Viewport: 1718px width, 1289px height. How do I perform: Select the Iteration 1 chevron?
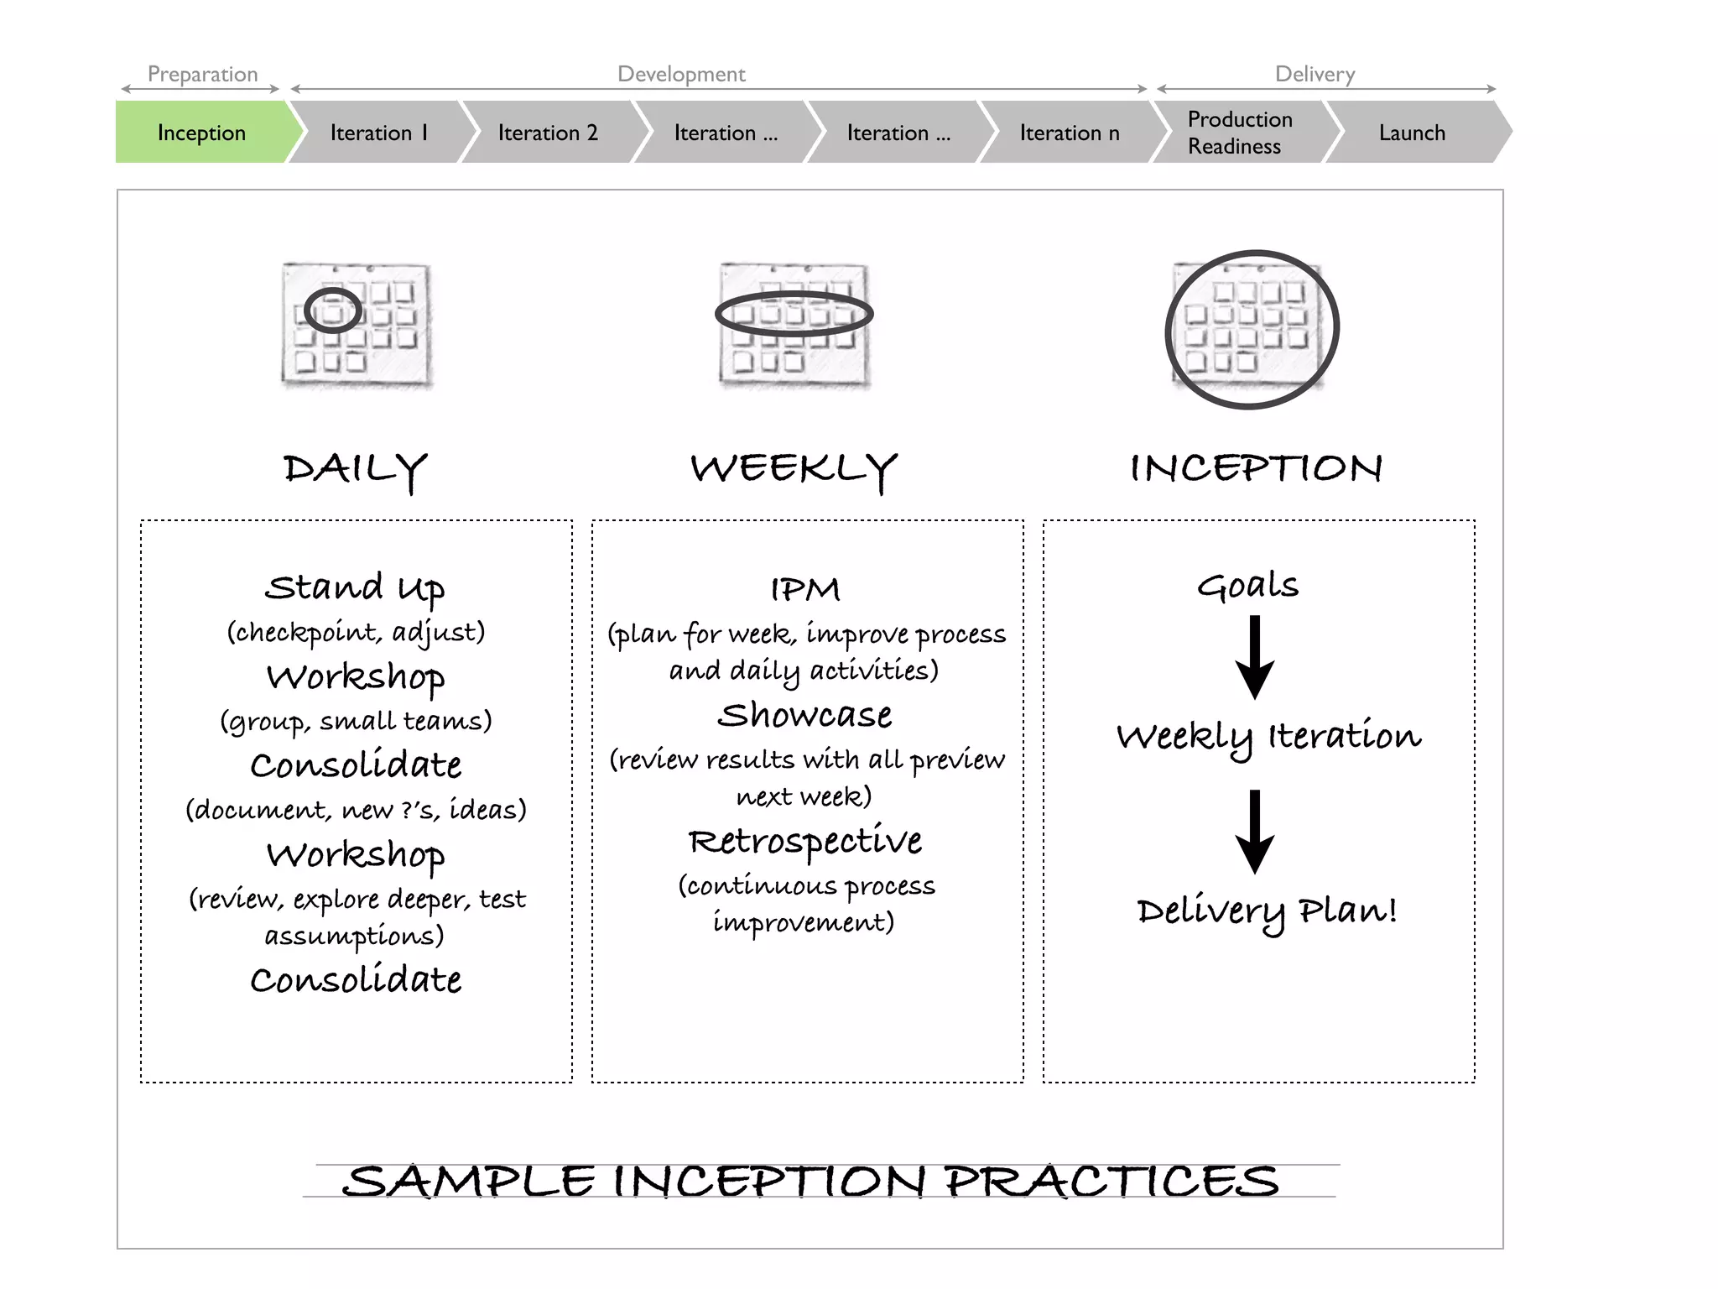coord(379,133)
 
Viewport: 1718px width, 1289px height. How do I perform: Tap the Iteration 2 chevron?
coord(549,133)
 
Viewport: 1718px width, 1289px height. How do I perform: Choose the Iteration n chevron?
coord(1070,133)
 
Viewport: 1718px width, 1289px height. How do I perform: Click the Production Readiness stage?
coord(1239,133)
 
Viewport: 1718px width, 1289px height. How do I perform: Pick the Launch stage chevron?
coord(1413,133)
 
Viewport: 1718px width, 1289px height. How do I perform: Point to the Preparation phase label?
coord(202,74)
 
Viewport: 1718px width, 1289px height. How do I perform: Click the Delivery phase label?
coord(1315,74)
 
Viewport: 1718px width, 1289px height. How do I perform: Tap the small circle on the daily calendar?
coord(333,311)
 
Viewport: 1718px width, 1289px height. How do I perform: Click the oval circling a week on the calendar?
coord(794,315)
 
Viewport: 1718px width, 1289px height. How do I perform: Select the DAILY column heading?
coord(355,469)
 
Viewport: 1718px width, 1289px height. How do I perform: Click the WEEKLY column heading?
coord(794,469)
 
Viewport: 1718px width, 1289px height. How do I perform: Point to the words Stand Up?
coord(355,587)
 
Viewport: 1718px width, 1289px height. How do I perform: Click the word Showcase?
coord(805,715)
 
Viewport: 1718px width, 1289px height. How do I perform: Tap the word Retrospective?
coord(805,841)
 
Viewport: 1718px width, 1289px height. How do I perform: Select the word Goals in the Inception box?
coord(1247,586)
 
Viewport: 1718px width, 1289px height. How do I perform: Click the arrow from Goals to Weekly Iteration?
coord(1255,658)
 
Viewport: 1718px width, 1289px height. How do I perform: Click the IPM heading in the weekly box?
coord(805,589)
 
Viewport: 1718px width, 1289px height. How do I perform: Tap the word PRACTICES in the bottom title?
coord(1111,1182)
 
